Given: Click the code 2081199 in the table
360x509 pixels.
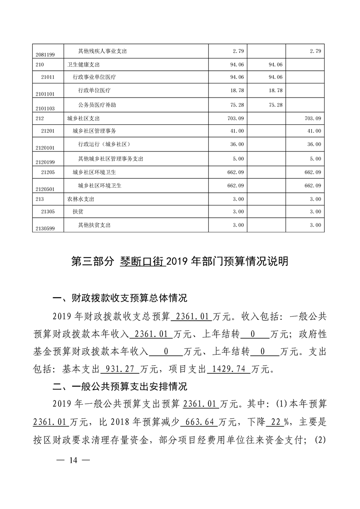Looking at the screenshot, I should [44, 54].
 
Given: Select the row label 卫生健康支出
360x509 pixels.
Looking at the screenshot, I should [84, 64].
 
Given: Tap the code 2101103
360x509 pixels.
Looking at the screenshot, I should [44, 108].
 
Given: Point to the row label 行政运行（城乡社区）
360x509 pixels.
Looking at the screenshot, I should [104, 144].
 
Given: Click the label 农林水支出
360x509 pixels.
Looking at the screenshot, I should [81, 199].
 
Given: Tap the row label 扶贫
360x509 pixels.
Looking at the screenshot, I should [78, 211].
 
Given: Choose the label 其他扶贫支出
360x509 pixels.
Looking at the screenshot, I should [94, 225].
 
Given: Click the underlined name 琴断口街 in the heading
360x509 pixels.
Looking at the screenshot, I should [142, 262].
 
